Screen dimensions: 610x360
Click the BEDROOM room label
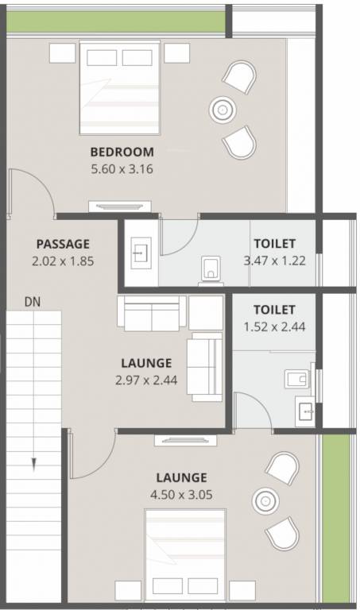click(122, 152)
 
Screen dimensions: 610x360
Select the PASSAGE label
click(63, 244)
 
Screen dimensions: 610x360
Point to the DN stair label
click(33, 302)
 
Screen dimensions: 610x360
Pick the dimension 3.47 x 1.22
click(274, 259)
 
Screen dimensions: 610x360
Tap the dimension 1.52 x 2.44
click(274, 325)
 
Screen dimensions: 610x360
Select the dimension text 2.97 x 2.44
click(146, 379)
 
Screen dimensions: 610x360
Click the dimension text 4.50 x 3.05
click(181, 493)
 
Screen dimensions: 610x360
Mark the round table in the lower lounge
click(263, 500)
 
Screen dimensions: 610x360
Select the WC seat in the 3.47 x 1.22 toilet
click(211, 268)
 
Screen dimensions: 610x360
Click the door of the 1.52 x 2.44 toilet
click(253, 411)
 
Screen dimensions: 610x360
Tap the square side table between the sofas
click(206, 313)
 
